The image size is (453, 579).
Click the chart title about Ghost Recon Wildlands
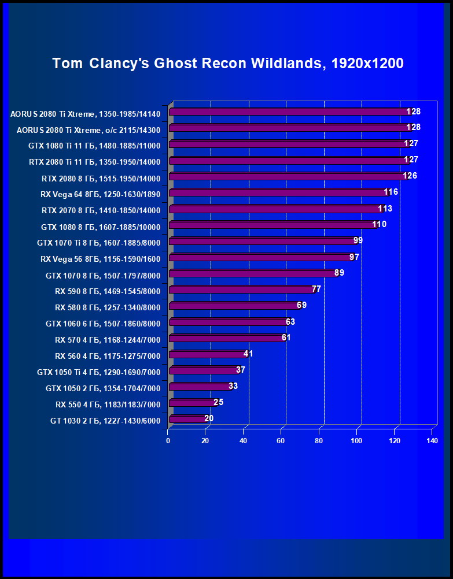[227, 64]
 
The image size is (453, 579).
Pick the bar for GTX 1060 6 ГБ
[229, 322]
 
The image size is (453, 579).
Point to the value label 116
[391, 192]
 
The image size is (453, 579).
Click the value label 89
[339, 273]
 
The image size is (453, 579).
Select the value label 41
[248, 354]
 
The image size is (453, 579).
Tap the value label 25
[218, 402]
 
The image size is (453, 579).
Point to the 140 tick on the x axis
[432, 441]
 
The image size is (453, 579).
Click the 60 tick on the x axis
[281, 441]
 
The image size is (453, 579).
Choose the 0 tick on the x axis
[168, 441]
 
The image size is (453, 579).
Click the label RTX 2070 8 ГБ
[101, 210]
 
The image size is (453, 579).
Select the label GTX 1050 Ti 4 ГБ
[98, 372]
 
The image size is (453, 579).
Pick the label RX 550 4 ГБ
[108, 404]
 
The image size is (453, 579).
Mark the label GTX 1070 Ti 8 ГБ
[98, 243]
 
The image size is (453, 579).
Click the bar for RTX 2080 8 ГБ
[289, 176]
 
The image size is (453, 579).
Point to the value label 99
[358, 240]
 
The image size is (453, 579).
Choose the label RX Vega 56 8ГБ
[101, 259]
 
